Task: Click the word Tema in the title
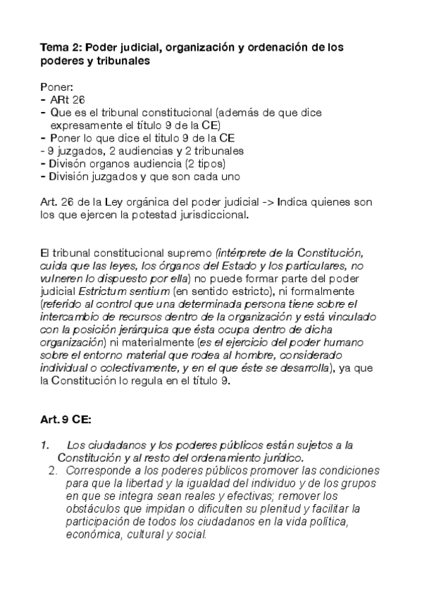tap(54, 47)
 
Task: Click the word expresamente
tap(85, 125)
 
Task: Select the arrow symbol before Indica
tap(268, 202)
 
